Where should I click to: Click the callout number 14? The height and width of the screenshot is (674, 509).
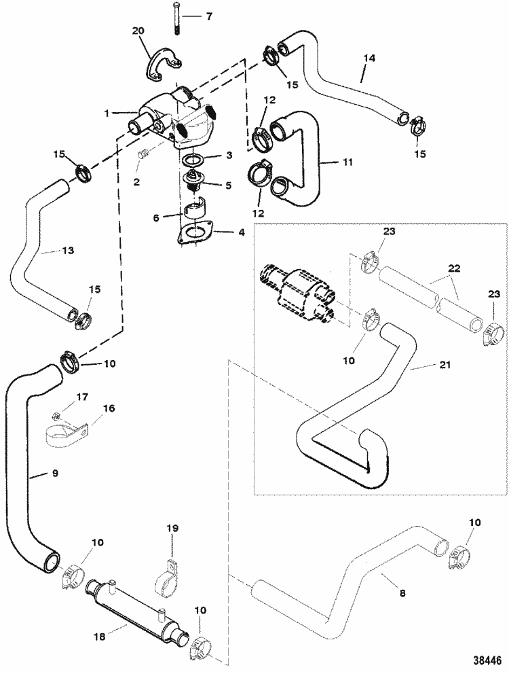point(368,59)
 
